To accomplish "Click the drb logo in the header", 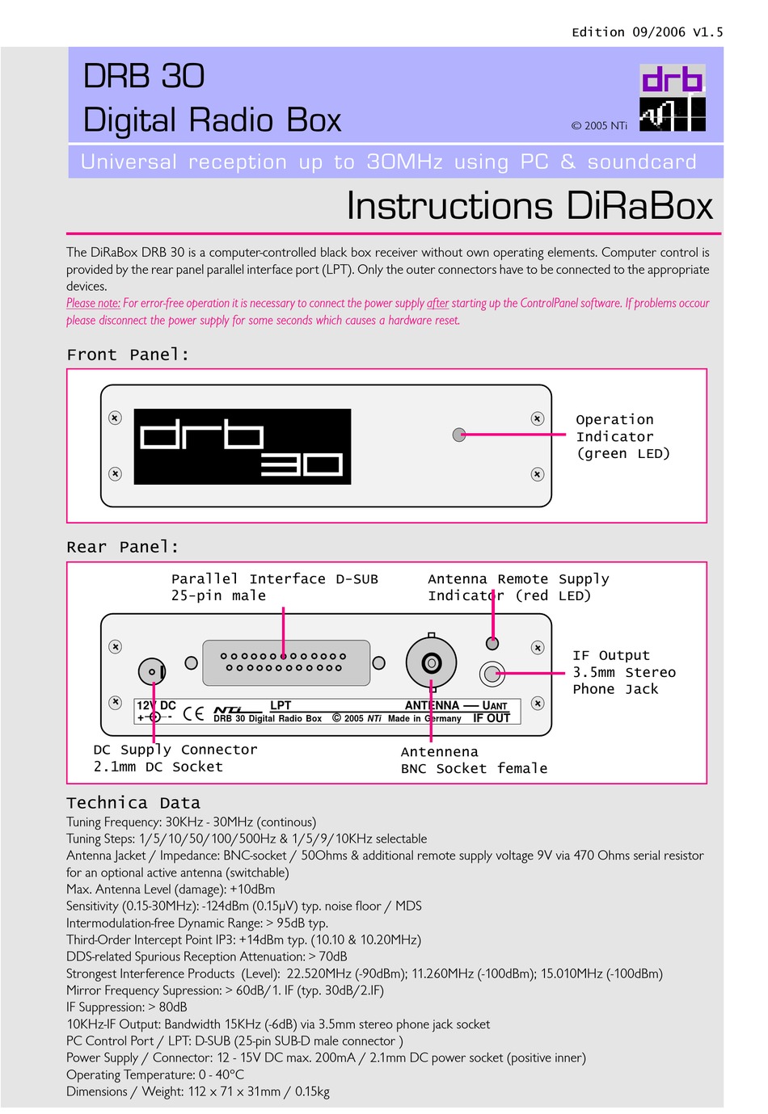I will point(672,98).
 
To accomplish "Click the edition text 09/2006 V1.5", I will point(647,32).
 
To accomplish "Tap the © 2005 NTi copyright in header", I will point(598,125).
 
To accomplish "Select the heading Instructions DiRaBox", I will point(530,206).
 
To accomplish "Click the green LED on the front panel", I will point(459,435).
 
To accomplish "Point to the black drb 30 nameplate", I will point(242,446).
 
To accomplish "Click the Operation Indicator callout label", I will point(622,436).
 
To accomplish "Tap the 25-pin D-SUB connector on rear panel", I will point(285,662).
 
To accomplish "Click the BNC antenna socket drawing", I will point(431,663).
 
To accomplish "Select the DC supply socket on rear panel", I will point(152,671).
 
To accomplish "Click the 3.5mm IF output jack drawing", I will point(492,672).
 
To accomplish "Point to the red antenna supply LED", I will point(492,643).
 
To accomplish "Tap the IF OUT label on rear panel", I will point(492,718).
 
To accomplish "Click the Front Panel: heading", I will point(128,355).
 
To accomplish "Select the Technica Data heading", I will point(133,803).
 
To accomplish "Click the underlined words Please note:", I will point(93,303).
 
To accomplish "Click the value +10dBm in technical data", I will point(252,889).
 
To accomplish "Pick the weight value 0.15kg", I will point(312,1091).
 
